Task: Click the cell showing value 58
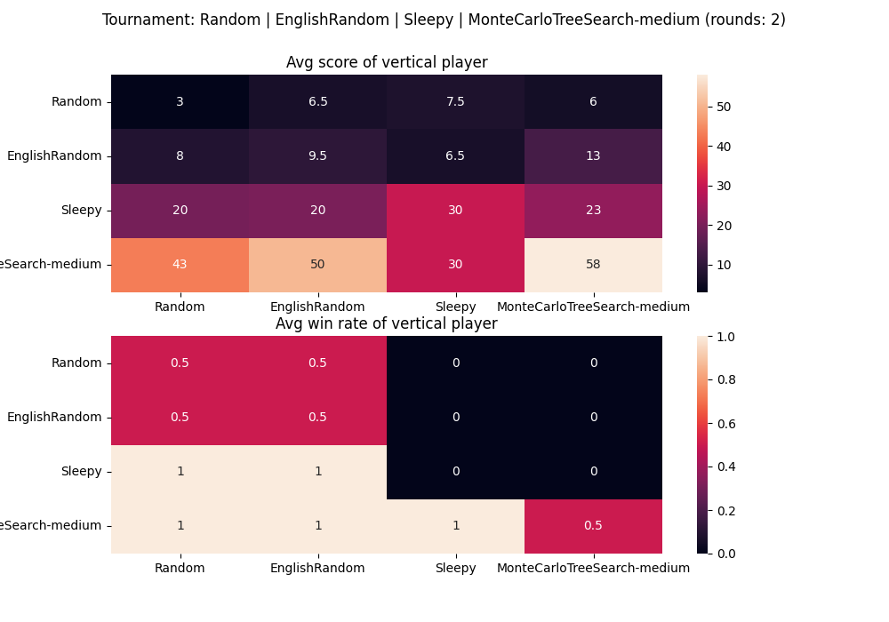point(593,265)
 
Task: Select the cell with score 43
point(180,265)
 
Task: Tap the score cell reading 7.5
point(455,102)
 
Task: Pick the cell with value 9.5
point(317,156)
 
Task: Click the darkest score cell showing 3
point(180,102)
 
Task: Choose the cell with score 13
point(593,156)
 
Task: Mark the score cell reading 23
point(593,211)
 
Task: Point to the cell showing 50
point(317,265)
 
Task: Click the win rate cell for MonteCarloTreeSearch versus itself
point(593,526)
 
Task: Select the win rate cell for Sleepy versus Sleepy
point(455,472)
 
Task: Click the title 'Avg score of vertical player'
point(387,63)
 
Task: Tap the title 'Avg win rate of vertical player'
point(387,324)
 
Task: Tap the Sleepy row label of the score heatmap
point(81,211)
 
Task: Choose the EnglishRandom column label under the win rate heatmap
point(317,569)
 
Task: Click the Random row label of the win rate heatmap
point(76,363)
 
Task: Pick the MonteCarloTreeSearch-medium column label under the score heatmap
point(593,307)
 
